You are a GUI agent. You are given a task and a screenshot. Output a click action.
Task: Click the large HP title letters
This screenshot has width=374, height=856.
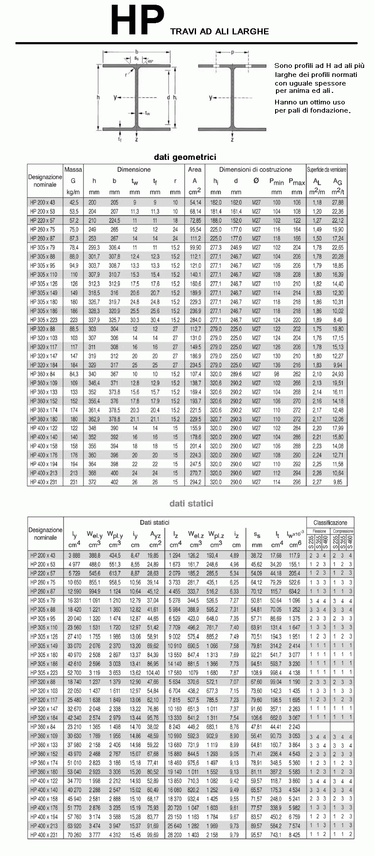pyautogui.click(x=137, y=20)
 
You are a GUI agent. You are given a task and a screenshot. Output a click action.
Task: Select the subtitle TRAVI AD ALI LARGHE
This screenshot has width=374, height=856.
pyautogui.click(x=219, y=31)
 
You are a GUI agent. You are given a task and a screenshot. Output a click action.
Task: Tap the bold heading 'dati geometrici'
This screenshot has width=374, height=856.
pyautogui.click(x=185, y=157)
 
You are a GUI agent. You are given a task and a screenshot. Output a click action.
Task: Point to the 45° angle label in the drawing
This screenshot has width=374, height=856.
pyautogui.click(x=150, y=61)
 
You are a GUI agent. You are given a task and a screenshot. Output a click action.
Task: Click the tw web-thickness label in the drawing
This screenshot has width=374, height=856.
pyautogui.click(x=147, y=113)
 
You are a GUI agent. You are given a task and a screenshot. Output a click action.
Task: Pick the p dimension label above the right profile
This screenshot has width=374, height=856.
pyautogui.click(x=232, y=52)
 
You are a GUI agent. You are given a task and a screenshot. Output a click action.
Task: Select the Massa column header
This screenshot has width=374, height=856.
pyautogui.click(x=73, y=169)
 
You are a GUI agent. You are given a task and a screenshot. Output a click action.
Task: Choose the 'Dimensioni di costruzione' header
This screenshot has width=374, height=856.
pyautogui.click(x=255, y=169)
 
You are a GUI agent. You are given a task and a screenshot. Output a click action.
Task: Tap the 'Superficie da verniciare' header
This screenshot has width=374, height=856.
pyautogui.click(x=327, y=169)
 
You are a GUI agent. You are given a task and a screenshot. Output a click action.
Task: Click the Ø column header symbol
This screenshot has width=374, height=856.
pyautogui.click(x=256, y=181)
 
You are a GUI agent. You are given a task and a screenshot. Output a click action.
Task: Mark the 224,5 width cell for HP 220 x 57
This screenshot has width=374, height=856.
pyautogui.click(x=114, y=220)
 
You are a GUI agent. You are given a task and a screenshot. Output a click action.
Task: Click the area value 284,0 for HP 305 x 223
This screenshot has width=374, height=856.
pyautogui.click(x=195, y=320)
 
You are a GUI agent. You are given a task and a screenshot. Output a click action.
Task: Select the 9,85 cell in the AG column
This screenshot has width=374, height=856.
pyautogui.click(x=337, y=483)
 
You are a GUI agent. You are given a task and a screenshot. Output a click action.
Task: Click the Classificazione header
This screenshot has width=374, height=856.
pyautogui.click(x=330, y=523)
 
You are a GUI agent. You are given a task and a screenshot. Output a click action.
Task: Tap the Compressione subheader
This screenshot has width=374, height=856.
pyautogui.click(x=343, y=531)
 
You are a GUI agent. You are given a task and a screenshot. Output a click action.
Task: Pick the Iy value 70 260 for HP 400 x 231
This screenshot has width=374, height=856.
pyautogui.click(x=74, y=835)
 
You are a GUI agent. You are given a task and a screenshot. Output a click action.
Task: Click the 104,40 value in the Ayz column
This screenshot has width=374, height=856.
pyautogui.click(x=153, y=673)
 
